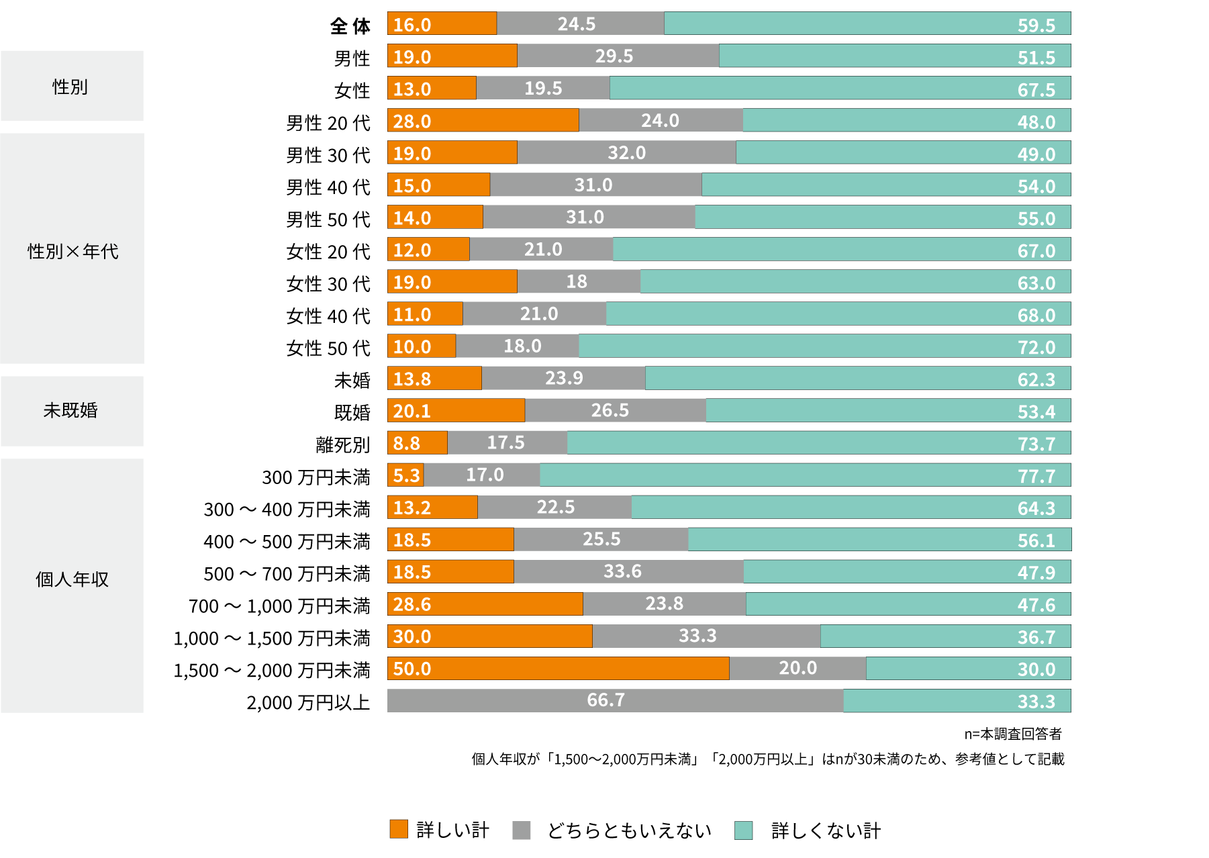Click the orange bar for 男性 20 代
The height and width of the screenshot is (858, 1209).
(x=483, y=120)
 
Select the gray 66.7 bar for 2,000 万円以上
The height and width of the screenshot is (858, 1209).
(x=615, y=700)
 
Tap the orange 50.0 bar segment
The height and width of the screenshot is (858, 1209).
(x=558, y=669)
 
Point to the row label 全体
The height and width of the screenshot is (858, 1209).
(x=350, y=26)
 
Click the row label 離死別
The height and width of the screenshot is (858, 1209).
(x=342, y=444)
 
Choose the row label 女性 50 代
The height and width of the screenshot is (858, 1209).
(x=328, y=348)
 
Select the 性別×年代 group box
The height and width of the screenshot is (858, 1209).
(x=72, y=248)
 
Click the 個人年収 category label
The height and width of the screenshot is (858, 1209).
(x=72, y=579)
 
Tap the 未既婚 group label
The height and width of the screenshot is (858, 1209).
(x=70, y=410)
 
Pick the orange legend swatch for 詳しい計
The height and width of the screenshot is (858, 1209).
(x=399, y=829)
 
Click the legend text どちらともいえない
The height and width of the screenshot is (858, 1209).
(x=629, y=830)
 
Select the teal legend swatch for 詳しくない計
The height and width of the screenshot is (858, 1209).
(x=743, y=830)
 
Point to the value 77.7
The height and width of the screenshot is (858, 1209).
(x=1036, y=476)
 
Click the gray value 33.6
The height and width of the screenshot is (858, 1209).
(x=622, y=571)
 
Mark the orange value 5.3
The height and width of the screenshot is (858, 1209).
(x=406, y=475)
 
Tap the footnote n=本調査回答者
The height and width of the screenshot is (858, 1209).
(x=1012, y=734)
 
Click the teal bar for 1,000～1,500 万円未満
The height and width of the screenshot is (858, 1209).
(x=945, y=636)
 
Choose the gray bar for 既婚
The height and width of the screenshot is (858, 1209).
(x=615, y=410)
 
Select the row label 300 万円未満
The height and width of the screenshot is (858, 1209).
(x=316, y=477)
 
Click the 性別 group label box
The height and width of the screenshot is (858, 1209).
(x=72, y=86)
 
